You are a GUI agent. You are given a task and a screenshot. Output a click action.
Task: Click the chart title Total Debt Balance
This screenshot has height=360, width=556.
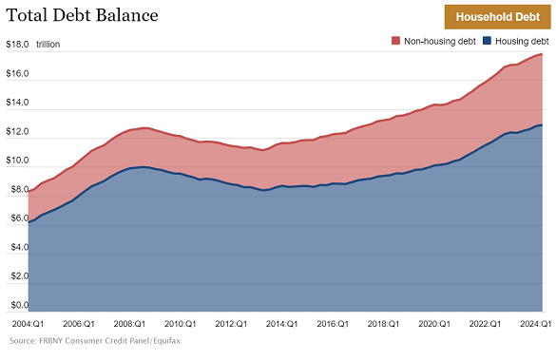click(x=82, y=16)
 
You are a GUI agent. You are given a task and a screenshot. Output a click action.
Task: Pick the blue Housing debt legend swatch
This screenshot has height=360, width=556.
click(x=487, y=42)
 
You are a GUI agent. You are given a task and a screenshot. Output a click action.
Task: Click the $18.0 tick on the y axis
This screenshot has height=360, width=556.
click(x=17, y=45)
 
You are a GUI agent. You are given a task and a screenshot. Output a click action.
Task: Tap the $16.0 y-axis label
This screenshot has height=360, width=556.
click(x=17, y=74)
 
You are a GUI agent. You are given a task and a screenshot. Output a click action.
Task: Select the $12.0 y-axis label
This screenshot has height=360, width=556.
click(x=17, y=132)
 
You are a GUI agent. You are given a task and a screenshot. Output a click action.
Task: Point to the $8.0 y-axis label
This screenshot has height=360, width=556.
click(x=17, y=190)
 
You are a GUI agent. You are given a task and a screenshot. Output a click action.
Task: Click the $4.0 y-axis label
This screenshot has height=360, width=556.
click(x=17, y=248)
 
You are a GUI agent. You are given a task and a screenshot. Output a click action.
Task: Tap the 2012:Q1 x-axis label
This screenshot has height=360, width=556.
click(x=231, y=324)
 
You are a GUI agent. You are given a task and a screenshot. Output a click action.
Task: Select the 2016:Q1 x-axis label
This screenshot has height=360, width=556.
click(x=336, y=324)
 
